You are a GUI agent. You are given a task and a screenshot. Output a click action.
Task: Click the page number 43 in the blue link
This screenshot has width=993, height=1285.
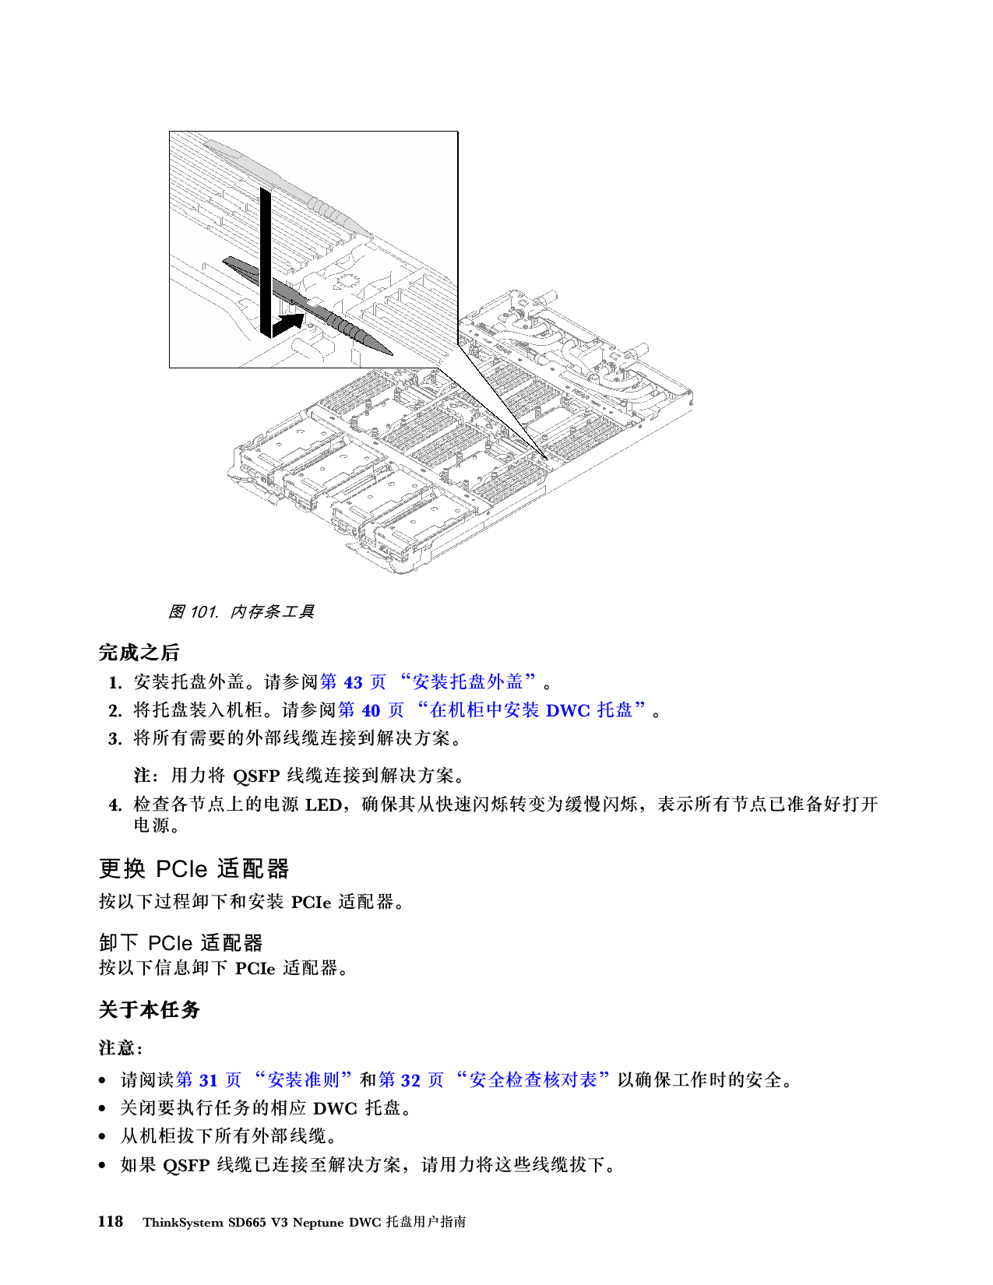354,682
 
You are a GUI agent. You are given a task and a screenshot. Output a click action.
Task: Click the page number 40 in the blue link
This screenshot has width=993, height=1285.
371,710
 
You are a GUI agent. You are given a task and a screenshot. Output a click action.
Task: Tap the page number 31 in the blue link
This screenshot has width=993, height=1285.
208,1080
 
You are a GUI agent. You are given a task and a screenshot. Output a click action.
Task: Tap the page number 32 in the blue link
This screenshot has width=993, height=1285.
410,1080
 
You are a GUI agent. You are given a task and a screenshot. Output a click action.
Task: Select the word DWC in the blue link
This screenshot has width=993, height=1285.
568,710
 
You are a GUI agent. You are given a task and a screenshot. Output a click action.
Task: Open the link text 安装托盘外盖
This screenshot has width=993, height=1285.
467,682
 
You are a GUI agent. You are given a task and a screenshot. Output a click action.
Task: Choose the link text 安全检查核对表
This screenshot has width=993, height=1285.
533,1080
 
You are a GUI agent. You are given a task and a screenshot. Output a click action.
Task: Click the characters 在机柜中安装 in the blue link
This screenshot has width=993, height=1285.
484,710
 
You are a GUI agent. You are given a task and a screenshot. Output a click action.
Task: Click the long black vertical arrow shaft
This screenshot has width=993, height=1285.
266,257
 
